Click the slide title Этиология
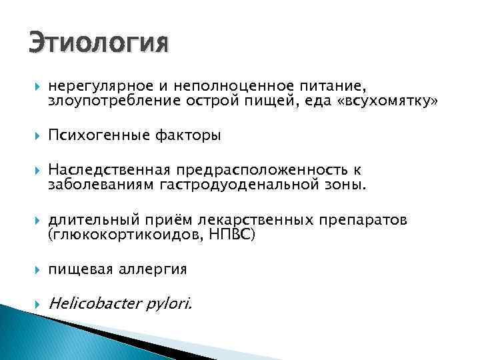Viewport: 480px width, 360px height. (99, 44)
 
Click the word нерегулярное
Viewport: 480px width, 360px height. (94, 86)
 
